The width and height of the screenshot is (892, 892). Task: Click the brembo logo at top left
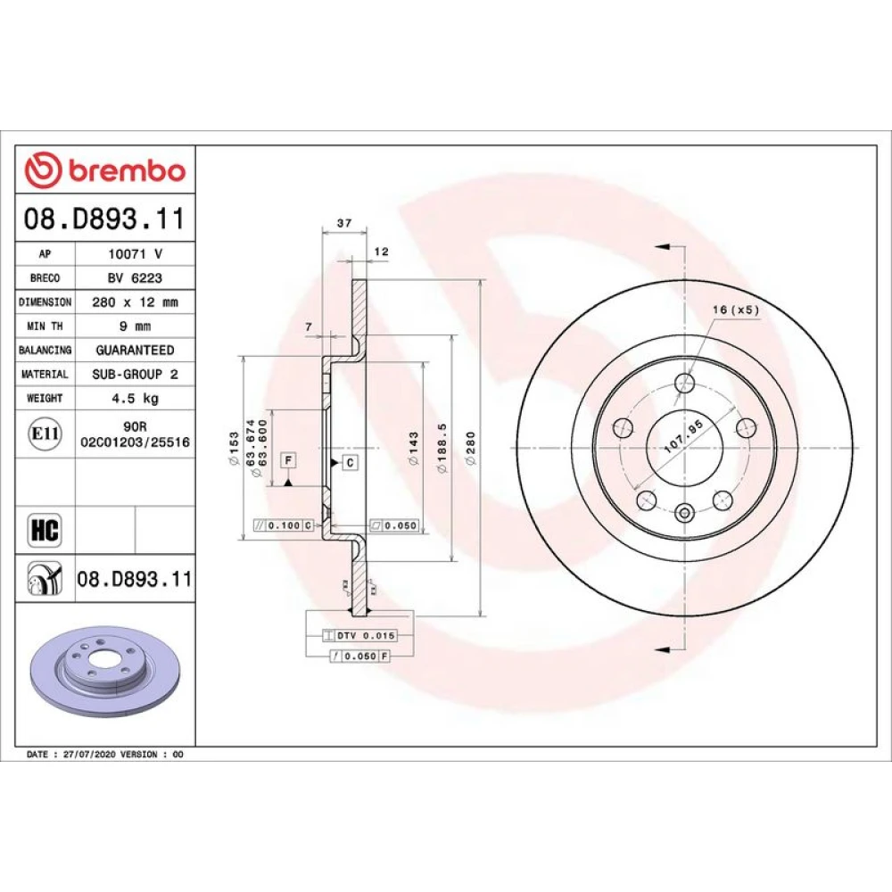point(105,170)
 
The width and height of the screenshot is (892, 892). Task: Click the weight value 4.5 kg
point(136,398)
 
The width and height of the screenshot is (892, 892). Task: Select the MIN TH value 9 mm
point(136,326)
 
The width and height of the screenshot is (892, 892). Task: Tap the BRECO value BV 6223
point(136,278)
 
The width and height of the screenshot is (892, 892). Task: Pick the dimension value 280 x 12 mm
point(136,302)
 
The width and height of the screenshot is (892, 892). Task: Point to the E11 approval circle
point(45,434)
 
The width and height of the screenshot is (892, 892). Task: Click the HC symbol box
point(45,530)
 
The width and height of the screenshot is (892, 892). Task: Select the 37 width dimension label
point(344,223)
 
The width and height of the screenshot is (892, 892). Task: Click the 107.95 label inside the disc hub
point(684,437)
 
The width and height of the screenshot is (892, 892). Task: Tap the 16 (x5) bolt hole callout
point(736,310)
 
